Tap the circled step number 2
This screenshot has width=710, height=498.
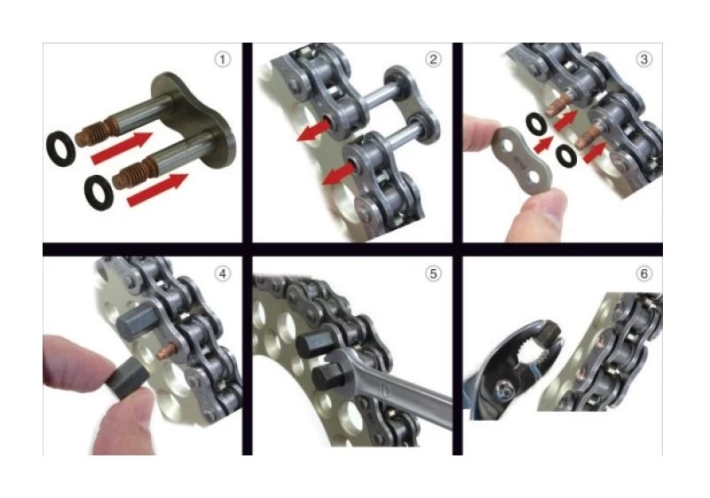pos(433,59)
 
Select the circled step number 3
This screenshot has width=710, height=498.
pos(643,59)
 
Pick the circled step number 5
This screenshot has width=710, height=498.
pos(433,273)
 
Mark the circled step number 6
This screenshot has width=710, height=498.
pos(643,273)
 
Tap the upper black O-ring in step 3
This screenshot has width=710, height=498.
pos(536,122)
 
